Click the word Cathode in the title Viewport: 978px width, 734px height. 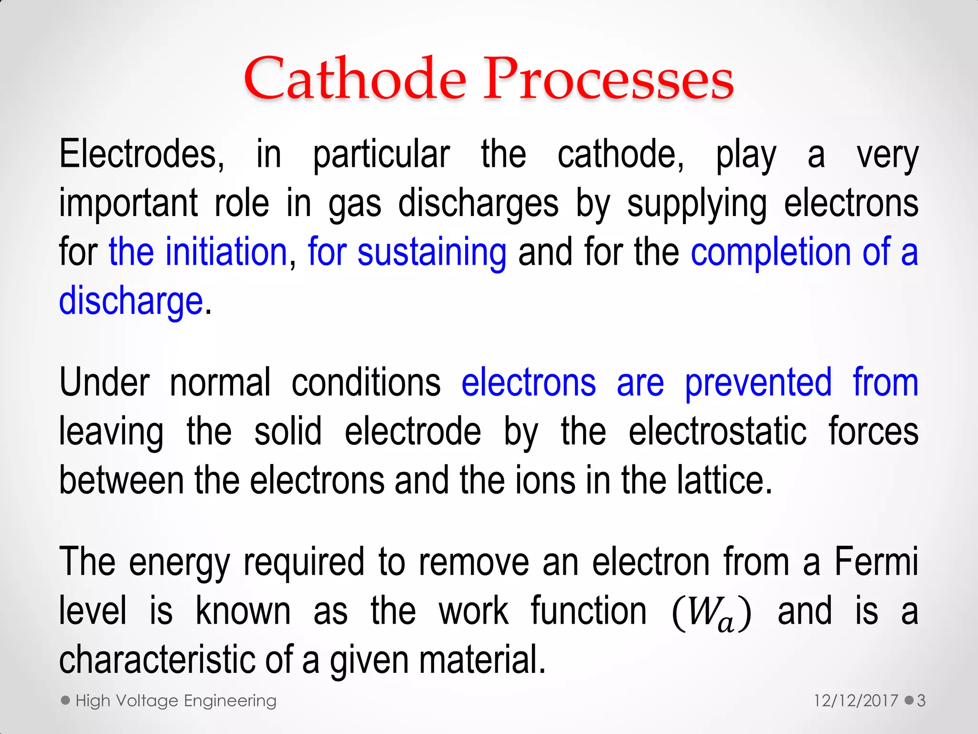pyautogui.click(x=354, y=79)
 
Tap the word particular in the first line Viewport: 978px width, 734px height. pyautogui.click(x=381, y=155)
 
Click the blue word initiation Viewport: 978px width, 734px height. pyautogui.click(x=225, y=252)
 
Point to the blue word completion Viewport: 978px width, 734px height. pyautogui.click(x=770, y=252)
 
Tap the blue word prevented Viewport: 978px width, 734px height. pyautogui.click(x=758, y=383)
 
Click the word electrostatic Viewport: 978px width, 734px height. pyautogui.click(x=717, y=432)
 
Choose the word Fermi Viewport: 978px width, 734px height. pyautogui.click(x=876, y=562)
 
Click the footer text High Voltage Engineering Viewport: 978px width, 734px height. pyautogui.click(x=176, y=701)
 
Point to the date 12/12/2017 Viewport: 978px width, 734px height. pyautogui.click(x=856, y=701)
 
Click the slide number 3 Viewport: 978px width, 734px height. pyautogui.click(x=921, y=701)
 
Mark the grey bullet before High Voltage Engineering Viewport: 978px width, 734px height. pyautogui.click(x=66, y=701)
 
